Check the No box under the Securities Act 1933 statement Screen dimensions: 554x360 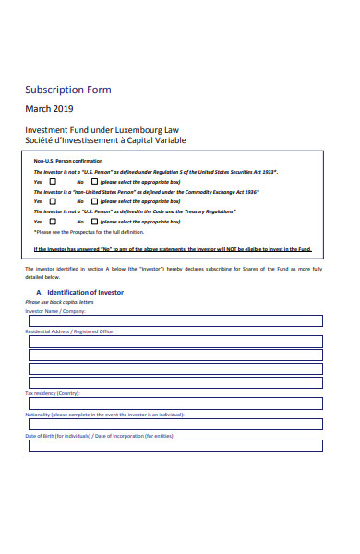click(95, 182)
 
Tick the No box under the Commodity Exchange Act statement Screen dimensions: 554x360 click(95, 201)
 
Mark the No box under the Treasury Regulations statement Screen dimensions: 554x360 click(95, 222)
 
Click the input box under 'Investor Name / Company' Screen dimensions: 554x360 click(174, 320)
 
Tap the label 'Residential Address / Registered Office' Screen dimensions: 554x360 click(69, 331)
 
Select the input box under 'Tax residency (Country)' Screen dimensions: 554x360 click(174, 402)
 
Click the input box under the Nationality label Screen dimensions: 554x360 click(174, 424)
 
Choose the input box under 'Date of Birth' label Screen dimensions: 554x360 click(174, 445)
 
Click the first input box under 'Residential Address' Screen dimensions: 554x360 click(174, 341)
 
